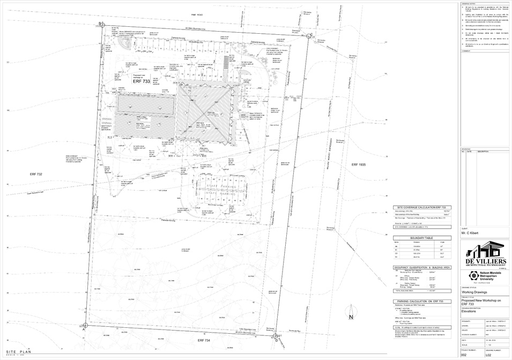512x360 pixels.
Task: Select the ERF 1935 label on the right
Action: point(358,165)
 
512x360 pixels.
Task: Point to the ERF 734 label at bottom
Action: point(204,341)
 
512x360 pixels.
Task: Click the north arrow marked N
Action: point(351,317)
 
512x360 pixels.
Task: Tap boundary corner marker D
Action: point(276,337)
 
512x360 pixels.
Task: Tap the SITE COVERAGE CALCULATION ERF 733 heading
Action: point(422,207)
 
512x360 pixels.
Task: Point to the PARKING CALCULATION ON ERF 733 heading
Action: point(422,302)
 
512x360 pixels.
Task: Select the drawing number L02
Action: point(488,355)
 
